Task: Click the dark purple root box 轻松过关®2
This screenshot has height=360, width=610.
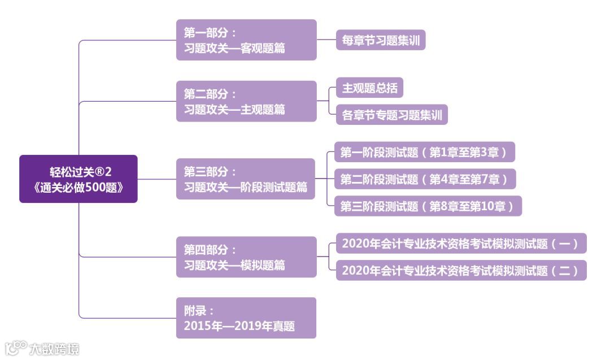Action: point(79,179)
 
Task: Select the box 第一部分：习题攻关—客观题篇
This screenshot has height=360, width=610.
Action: point(246,40)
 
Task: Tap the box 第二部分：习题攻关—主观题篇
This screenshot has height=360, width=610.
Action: point(246,101)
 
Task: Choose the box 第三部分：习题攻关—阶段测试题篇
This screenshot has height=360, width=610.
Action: point(245,179)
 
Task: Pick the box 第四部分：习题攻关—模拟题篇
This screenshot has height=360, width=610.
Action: point(246,257)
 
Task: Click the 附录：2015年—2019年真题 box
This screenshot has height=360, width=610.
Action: point(246,318)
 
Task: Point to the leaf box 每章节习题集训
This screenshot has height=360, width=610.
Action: point(380,40)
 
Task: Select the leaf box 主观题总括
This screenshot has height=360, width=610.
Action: point(369,88)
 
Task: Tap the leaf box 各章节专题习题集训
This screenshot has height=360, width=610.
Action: point(391,115)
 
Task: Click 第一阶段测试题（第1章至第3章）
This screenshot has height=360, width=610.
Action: point(424,152)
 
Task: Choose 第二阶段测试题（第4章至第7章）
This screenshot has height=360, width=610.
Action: point(425,179)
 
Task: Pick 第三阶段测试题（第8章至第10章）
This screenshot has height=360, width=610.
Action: point(428,206)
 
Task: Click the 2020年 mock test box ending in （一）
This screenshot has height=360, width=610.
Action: point(461,244)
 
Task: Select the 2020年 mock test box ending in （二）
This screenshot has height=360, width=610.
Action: point(461,270)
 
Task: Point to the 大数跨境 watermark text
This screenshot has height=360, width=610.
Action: point(55,348)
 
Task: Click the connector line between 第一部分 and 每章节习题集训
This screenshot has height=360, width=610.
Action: point(326,40)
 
